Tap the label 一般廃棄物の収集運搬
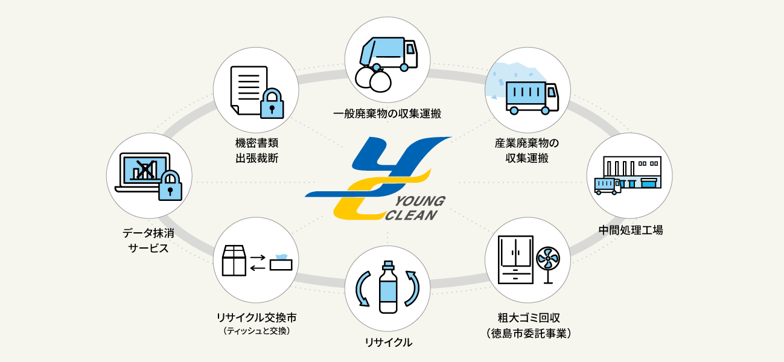tap(387, 113)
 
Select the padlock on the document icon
tap(272, 103)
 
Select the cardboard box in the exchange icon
tap(234, 260)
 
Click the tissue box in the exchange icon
tap(281, 262)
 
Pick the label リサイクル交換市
tap(257, 317)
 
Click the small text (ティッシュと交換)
tap(257, 331)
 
